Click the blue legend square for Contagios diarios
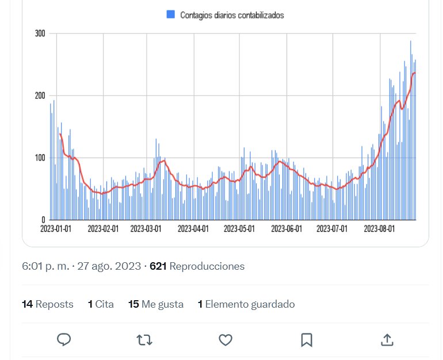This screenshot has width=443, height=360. coord(171,15)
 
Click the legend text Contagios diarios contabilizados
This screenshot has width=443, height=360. coord(232,16)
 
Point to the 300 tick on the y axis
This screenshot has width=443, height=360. coord(40,33)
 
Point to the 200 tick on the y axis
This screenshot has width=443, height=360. coord(40,95)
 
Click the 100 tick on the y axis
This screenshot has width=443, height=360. coord(40,158)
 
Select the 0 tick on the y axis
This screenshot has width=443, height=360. coord(43,220)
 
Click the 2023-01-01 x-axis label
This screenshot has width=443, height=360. coord(56,229)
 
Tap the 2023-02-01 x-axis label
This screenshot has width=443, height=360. coord(103,229)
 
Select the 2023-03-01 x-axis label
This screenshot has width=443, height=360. coord(146,229)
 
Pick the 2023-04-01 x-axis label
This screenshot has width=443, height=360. coord(193,229)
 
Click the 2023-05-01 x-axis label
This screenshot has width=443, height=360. coord(239,229)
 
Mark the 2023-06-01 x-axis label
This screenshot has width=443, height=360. coord(286,229)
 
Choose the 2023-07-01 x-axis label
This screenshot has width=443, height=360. coord(332,229)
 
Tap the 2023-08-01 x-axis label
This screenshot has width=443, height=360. coord(379,229)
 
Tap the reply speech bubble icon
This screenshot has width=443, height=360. coord(64,340)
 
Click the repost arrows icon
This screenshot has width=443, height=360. coord(144,340)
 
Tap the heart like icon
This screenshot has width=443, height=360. coord(226,340)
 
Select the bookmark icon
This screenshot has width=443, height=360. coord(307,340)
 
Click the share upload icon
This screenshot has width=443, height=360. coord(387,340)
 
